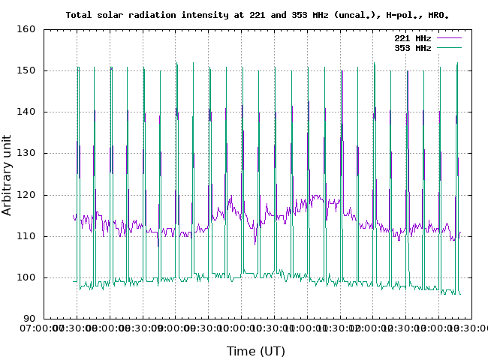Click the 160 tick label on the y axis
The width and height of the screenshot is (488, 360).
27,29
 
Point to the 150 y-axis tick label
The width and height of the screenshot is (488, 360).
27,70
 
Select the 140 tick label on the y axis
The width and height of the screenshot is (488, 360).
27,112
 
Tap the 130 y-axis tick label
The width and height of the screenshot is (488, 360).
27,153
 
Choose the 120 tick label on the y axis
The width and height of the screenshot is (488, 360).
27,194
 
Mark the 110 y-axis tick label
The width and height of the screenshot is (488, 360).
27,236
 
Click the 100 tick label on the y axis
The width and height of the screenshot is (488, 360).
27,277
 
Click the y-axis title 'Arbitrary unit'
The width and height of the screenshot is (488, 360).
8,174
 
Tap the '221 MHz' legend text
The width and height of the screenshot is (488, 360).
412,37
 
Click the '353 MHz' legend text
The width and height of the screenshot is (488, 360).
412,47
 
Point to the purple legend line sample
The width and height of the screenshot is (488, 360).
447,37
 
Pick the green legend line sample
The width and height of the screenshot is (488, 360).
447,47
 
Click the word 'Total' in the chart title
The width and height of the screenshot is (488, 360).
80,15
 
